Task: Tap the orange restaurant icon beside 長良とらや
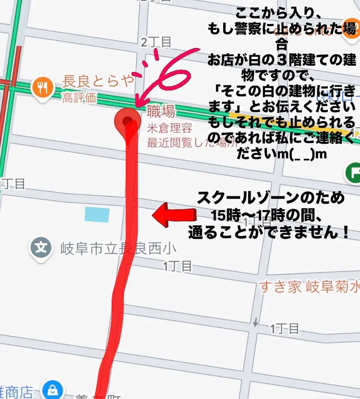[x=42, y=87]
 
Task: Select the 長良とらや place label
[x=98, y=81]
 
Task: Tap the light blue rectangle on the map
[x=97, y=214]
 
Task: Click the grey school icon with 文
[x=42, y=247]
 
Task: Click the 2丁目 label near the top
[x=156, y=42]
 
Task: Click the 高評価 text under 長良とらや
[x=79, y=98]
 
